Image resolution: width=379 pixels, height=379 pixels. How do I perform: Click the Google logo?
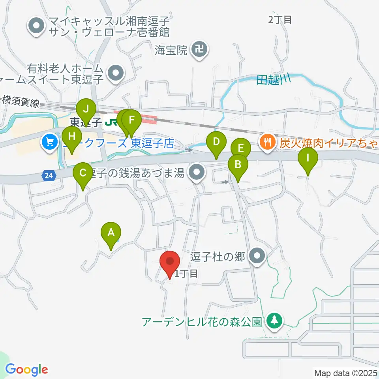click(x=27, y=370)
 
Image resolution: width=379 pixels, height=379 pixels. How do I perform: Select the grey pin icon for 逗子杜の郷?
click(x=258, y=257)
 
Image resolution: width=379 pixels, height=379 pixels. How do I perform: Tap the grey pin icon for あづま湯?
click(x=196, y=172)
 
